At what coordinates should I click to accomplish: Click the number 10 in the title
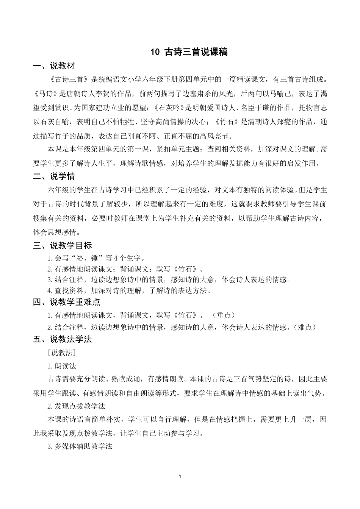click(155, 52)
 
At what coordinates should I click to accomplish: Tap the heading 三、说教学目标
click(63, 246)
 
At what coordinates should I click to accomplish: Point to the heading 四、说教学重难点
click(67, 302)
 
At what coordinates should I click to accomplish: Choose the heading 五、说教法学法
click(63, 339)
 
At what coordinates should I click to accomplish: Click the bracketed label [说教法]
click(62, 353)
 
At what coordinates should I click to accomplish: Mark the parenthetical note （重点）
click(224, 315)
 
